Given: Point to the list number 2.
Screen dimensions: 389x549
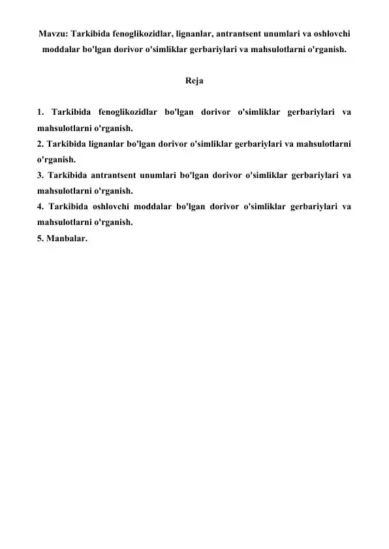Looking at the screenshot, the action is [x=40, y=143].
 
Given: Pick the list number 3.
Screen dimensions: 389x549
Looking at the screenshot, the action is [x=40, y=175].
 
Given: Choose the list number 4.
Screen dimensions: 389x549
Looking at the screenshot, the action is [x=40, y=207].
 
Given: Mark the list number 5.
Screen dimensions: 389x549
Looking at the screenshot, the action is [x=40, y=239].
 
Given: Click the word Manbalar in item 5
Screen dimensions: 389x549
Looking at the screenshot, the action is [x=65, y=239].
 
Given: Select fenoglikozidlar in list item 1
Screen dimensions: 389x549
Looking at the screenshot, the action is [x=125, y=111].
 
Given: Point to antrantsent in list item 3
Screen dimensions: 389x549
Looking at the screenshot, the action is [x=114, y=175].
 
